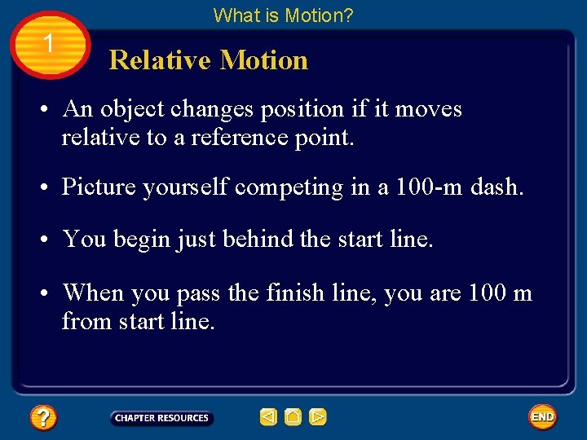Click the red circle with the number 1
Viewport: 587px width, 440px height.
point(49,44)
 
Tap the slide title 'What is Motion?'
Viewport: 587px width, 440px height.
point(283,15)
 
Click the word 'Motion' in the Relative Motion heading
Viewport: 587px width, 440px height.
point(264,60)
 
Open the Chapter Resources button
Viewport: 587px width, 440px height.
point(161,418)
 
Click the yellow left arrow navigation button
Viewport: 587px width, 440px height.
point(268,417)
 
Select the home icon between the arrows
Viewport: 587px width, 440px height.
point(293,417)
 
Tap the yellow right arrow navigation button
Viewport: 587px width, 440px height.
point(318,417)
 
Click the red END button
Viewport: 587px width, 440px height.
point(542,417)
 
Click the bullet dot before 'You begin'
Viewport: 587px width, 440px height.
point(49,240)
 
